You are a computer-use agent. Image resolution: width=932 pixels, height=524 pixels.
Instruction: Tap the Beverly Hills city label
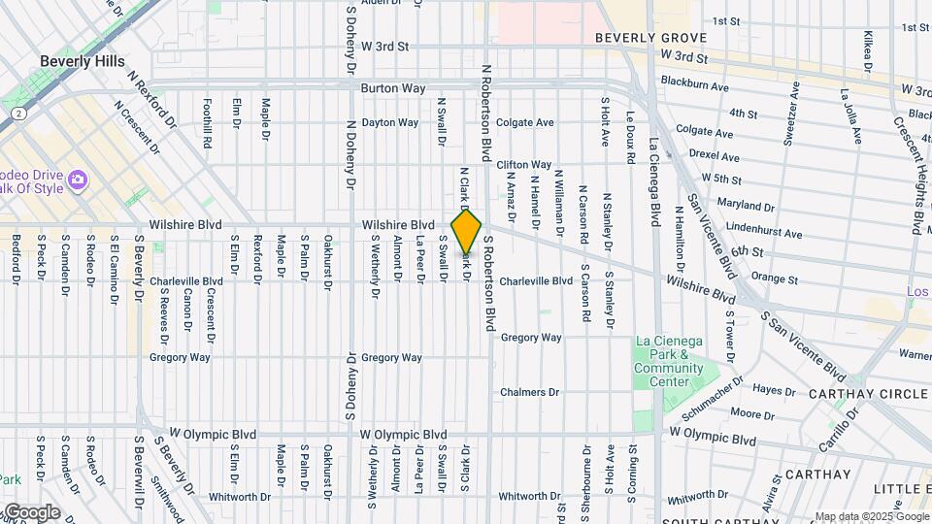[x=83, y=61]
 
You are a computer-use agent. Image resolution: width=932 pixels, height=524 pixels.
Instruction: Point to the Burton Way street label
[x=393, y=88]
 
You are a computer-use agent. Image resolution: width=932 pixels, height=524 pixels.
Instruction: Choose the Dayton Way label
[x=389, y=123]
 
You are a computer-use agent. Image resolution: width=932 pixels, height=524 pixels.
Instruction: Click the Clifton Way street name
[x=524, y=165]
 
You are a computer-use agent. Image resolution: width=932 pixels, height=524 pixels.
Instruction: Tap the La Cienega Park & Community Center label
[x=670, y=361]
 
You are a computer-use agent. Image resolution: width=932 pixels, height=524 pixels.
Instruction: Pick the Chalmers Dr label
[x=530, y=393]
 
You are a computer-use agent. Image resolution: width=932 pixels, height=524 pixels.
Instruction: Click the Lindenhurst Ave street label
[x=764, y=234]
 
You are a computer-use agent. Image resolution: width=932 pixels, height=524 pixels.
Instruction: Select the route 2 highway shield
[x=17, y=113]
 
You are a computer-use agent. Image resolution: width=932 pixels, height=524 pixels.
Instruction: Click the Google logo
[x=31, y=512]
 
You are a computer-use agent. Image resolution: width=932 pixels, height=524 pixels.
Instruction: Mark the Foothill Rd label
[x=207, y=121]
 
